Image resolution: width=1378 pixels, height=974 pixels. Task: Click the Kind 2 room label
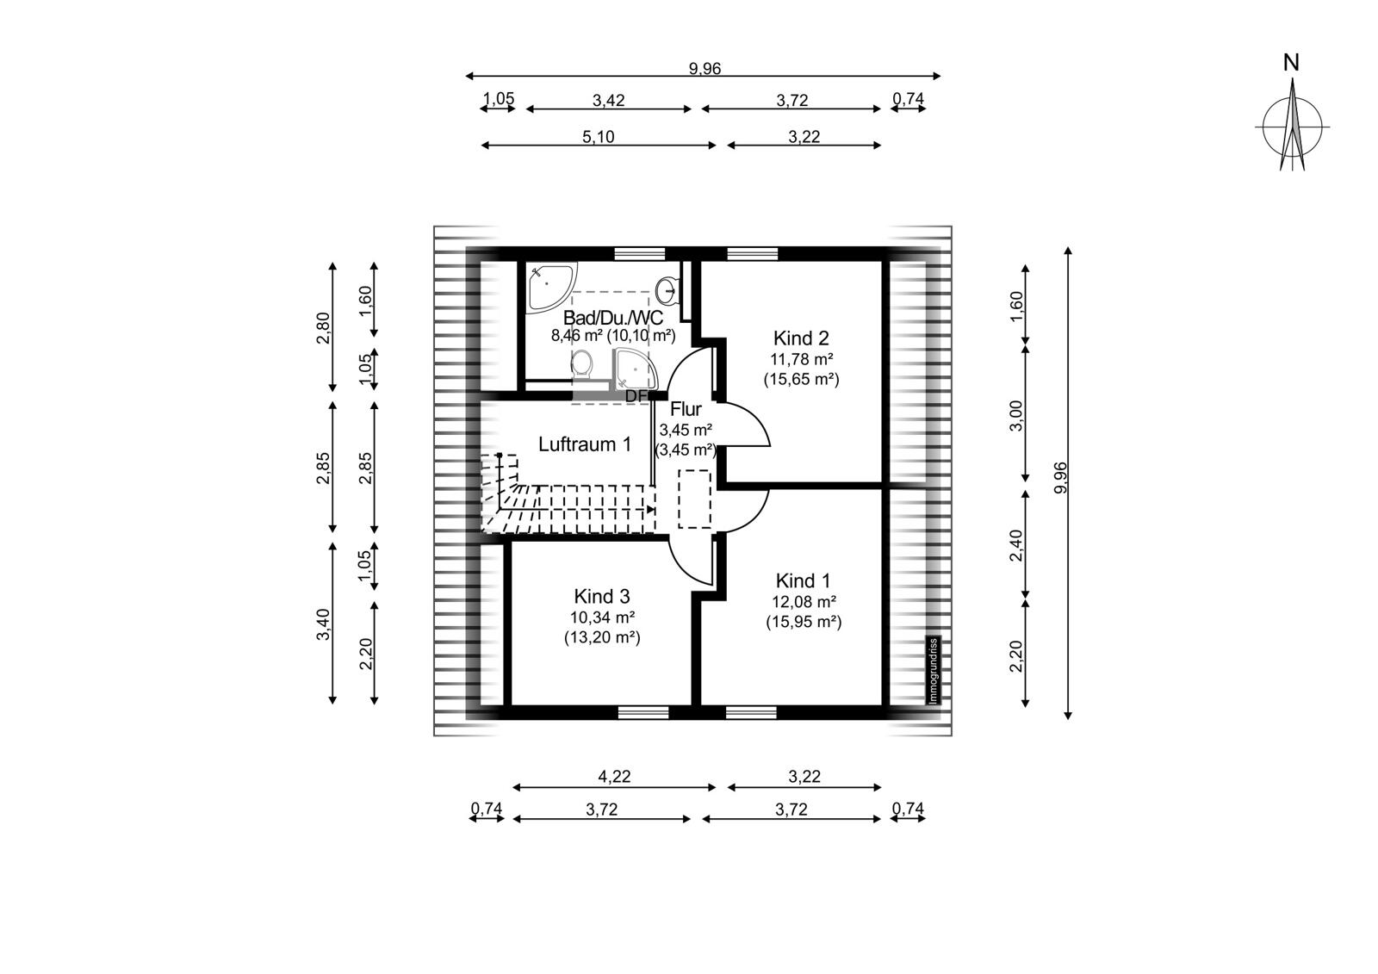tap(801, 338)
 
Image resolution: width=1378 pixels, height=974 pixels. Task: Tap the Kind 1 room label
tap(803, 580)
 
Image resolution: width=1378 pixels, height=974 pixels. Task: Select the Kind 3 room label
tap(602, 596)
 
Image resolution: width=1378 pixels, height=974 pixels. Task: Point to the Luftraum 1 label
tap(585, 444)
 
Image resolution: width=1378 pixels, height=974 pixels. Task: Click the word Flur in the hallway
tap(686, 409)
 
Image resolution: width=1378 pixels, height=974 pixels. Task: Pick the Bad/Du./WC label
tap(613, 318)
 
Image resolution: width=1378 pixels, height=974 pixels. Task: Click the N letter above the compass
tap(1291, 63)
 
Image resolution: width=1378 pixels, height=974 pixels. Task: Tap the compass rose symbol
tap(1292, 126)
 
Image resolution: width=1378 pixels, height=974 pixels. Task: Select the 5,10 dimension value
tap(598, 137)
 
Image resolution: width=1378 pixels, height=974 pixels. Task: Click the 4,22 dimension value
tap(614, 777)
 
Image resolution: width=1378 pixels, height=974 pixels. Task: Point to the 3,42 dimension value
tap(608, 100)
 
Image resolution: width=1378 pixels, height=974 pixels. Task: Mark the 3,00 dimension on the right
tap(1016, 416)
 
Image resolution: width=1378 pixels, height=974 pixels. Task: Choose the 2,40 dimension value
tap(1016, 545)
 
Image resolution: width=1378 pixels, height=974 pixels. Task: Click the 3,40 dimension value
tap(324, 623)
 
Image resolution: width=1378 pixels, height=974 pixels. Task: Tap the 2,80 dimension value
tap(324, 329)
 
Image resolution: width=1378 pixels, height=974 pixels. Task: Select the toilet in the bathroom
tap(582, 364)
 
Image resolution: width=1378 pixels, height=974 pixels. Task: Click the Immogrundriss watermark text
tap(934, 671)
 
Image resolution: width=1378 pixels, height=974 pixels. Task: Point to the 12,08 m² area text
tap(804, 602)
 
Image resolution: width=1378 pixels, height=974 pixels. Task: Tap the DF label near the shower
tap(636, 397)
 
